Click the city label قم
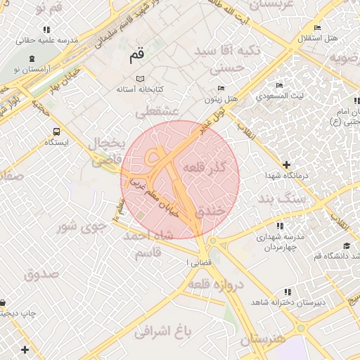point(137,54)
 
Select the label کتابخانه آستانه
point(140,91)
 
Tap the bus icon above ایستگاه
point(56,131)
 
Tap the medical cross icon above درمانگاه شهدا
point(285,164)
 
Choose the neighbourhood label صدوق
point(42,274)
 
